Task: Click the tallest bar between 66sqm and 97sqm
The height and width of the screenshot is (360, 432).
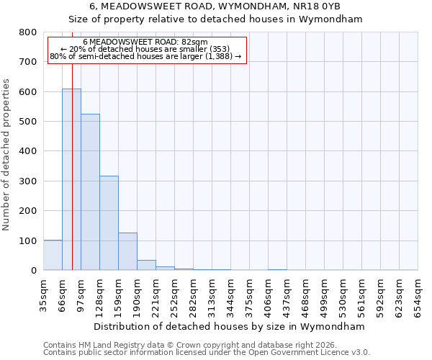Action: pyautogui.click(x=71, y=179)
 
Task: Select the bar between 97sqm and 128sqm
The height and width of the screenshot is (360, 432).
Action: pyautogui.click(x=90, y=192)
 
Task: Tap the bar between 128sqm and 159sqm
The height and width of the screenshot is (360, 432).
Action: pyautogui.click(x=109, y=223)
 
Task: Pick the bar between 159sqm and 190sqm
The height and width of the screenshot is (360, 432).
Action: pyautogui.click(x=127, y=251)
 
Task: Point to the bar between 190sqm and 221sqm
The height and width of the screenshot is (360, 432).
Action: pyautogui.click(x=146, y=265)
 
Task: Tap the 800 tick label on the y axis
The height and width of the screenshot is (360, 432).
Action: pyautogui.click(x=28, y=32)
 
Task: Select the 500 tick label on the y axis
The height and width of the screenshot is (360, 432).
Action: pyautogui.click(x=28, y=122)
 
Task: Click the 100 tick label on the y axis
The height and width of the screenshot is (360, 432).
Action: pyautogui.click(x=28, y=240)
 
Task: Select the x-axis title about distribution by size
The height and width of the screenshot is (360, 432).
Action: pyautogui.click(x=230, y=326)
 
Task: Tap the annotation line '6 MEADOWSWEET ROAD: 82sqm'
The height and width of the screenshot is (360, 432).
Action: pyautogui.click(x=145, y=42)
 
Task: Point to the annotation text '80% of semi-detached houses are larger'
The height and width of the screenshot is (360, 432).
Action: pyautogui.click(x=145, y=56)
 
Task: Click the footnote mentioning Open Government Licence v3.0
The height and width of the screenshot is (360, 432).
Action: pyautogui.click(x=207, y=353)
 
